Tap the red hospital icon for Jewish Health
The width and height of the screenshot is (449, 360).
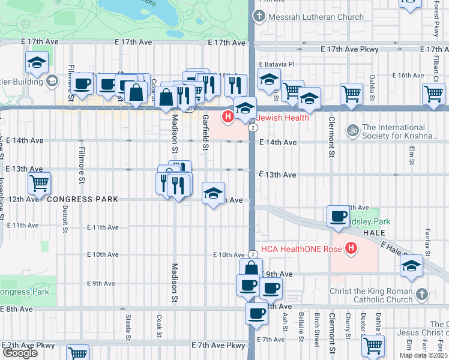(x=228, y=117)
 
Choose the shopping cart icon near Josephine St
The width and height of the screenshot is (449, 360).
(x=40, y=182)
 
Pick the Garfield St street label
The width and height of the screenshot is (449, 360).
(x=205, y=132)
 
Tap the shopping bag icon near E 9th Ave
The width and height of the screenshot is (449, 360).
(x=252, y=268)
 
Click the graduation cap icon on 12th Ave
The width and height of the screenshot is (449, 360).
(x=214, y=193)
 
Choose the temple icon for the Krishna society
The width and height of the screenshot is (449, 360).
(x=352, y=128)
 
